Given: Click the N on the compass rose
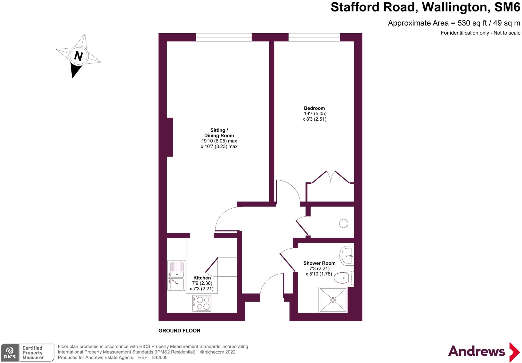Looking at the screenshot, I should click(x=79, y=56).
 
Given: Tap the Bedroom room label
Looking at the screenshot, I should click(x=314, y=108).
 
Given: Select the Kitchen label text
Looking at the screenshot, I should click(x=202, y=278).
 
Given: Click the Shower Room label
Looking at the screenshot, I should click(x=319, y=263).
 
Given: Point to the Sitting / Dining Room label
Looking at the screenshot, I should click(x=219, y=133).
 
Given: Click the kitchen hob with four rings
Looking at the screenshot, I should click(x=202, y=303).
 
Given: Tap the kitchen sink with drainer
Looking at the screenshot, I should click(x=176, y=275).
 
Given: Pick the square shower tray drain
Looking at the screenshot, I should click(x=333, y=300).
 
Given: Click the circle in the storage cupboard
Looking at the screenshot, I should click(x=344, y=224).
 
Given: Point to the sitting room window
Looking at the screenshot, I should click(x=224, y=37).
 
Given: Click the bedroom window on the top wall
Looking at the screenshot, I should click(x=314, y=37).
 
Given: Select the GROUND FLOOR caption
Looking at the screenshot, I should click(x=179, y=331).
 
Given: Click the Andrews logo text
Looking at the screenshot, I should click(x=476, y=352).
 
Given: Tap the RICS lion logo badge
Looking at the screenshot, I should click(x=10, y=352).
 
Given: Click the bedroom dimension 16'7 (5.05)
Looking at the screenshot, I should click(x=315, y=113).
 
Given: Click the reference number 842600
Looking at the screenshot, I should click(x=160, y=357).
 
